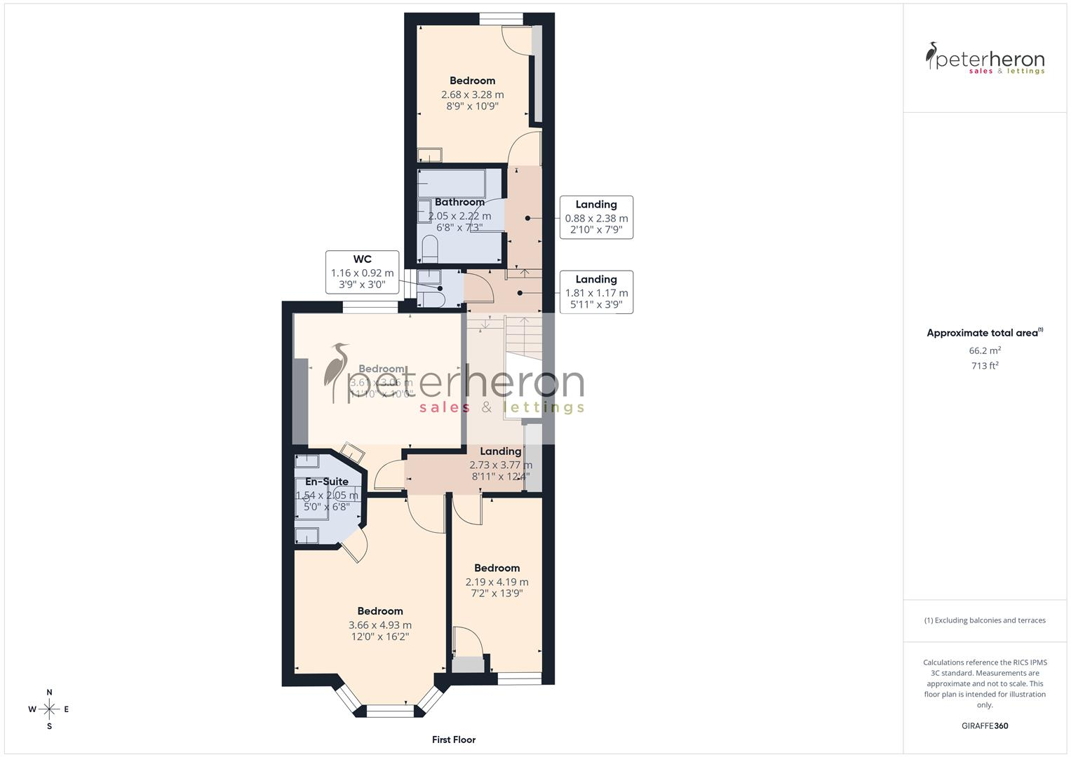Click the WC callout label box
click(362, 272)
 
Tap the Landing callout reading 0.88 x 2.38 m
click(596, 217)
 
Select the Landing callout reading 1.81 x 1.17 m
click(596, 292)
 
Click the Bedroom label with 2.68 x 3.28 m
click(472, 93)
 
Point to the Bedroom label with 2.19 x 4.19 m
click(497, 580)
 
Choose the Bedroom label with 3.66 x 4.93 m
click(380, 624)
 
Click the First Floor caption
click(454, 739)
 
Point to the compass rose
click(49, 709)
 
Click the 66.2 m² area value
click(985, 350)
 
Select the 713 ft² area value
click(985, 366)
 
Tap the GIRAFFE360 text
click(985, 725)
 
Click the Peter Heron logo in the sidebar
click(985, 58)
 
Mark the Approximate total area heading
click(985, 333)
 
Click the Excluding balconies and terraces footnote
click(985, 620)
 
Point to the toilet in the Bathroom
click(430, 249)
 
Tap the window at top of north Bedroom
click(501, 19)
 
